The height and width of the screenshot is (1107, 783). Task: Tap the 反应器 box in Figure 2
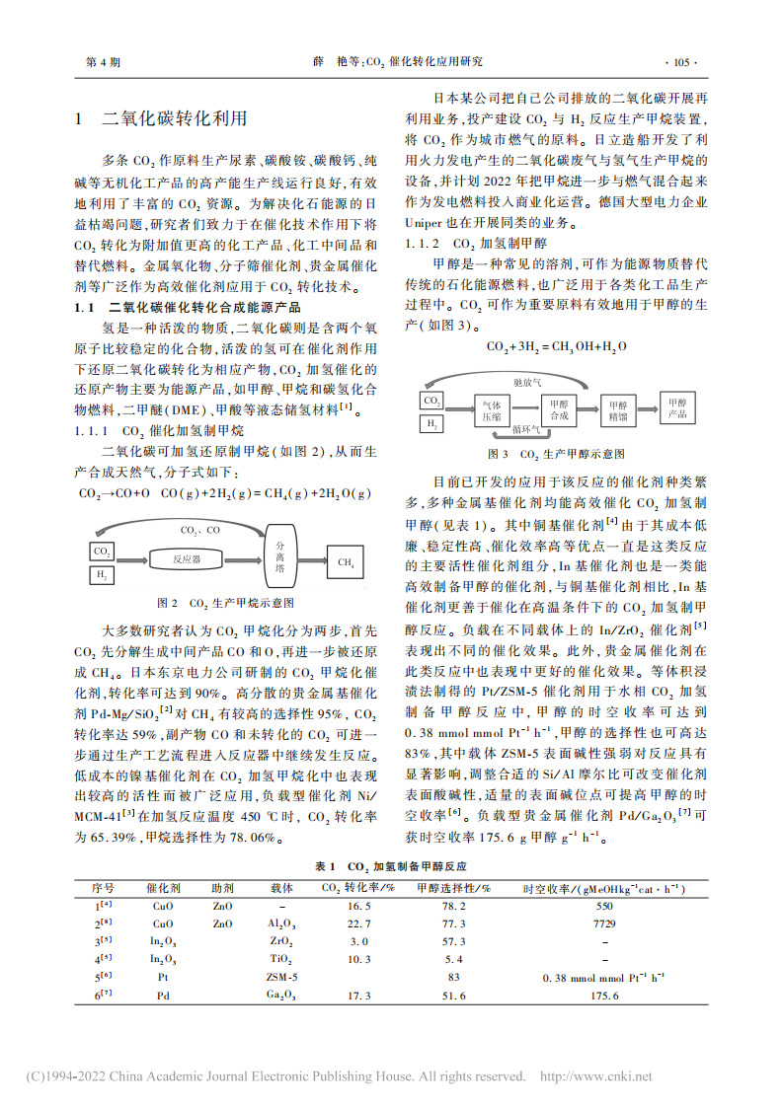187,559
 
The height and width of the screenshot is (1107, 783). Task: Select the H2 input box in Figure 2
102,574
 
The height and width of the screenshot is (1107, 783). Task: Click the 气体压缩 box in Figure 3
491,410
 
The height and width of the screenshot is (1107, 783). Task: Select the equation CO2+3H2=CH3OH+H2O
557,346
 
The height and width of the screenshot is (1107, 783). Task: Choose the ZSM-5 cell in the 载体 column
281,977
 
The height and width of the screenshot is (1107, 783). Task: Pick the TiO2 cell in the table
281,959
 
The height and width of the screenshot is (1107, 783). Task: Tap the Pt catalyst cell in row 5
163,977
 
